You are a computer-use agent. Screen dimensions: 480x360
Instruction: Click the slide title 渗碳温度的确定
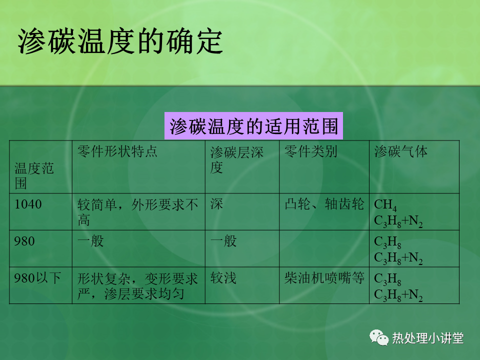click(x=120, y=41)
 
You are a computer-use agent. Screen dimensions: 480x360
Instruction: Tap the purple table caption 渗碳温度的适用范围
click(x=253, y=126)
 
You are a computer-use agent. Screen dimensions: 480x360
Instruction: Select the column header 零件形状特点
click(x=117, y=151)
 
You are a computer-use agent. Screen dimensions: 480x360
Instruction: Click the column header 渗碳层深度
click(x=236, y=159)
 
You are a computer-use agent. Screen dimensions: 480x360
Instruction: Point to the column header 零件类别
click(x=310, y=151)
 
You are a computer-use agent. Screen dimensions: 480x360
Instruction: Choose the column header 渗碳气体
click(x=400, y=151)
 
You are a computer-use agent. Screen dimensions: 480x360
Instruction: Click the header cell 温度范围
click(x=34, y=175)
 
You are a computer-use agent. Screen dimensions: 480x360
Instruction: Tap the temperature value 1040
click(x=28, y=204)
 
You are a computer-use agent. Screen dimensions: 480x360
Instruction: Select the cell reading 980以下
click(x=37, y=278)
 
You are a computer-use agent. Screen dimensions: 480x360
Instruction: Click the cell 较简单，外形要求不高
click(x=138, y=212)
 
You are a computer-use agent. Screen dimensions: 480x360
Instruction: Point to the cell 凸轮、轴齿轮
click(x=324, y=204)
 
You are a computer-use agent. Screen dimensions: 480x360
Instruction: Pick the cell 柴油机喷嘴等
click(x=324, y=278)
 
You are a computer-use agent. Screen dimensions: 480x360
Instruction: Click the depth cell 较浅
click(x=223, y=278)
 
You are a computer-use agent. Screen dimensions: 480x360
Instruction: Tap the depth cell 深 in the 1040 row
click(x=216, y=204)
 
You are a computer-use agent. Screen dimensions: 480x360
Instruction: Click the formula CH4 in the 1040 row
click(x=385, y=205)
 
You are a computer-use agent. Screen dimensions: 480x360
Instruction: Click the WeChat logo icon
click(x=379, y=337)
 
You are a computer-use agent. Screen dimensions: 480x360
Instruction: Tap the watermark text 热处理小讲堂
click(x=428, y=338)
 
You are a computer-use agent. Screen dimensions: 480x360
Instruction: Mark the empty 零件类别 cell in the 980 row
click(x=324, y=248)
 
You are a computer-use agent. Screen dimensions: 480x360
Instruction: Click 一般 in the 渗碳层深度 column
click(x=223, y=241)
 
